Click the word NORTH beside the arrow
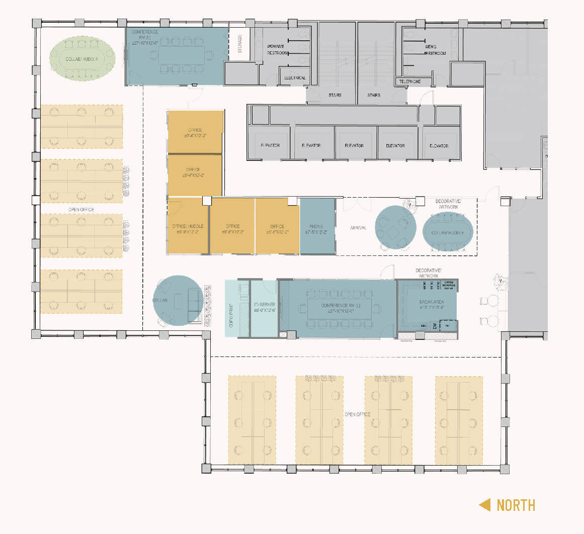click(x=516, y=505)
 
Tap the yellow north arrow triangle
click(x=484, y=505)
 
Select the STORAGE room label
click(x=240, y=43)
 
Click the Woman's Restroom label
click(x=277, y=49)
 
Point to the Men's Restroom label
click(x=435, y=50)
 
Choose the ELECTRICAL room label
click(x=295, y=78)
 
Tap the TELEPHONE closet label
click(x=409, y=81)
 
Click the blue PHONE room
click(x=317, y=226)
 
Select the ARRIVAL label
click(x=358, y=228)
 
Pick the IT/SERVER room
click(x=264, y=308)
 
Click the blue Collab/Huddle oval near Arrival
click(x=448, y=232)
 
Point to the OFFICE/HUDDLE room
click(x=188, y=226)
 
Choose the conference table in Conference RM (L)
click(x=340, y=308)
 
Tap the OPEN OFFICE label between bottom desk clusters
click(x=357, y=414)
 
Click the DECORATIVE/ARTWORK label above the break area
click(x=428, y=273)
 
